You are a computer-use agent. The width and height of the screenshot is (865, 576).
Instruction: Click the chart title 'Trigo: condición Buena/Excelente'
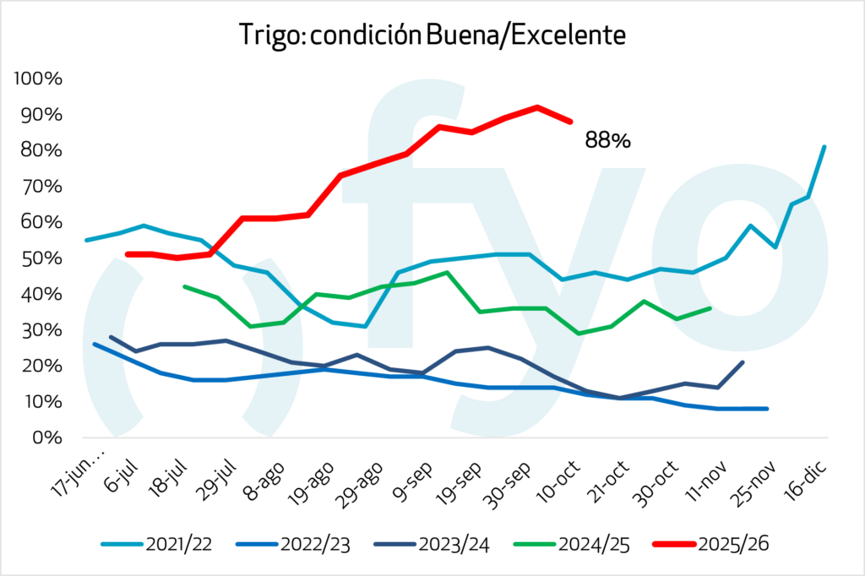(x=432, y=35)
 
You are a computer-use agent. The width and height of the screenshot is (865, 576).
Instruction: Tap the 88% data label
(x=607, y=140)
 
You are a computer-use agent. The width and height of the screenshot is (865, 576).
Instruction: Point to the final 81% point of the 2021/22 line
(x=824, y=147)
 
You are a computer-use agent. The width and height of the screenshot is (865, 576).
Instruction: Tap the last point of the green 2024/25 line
(x=710, y=308)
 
